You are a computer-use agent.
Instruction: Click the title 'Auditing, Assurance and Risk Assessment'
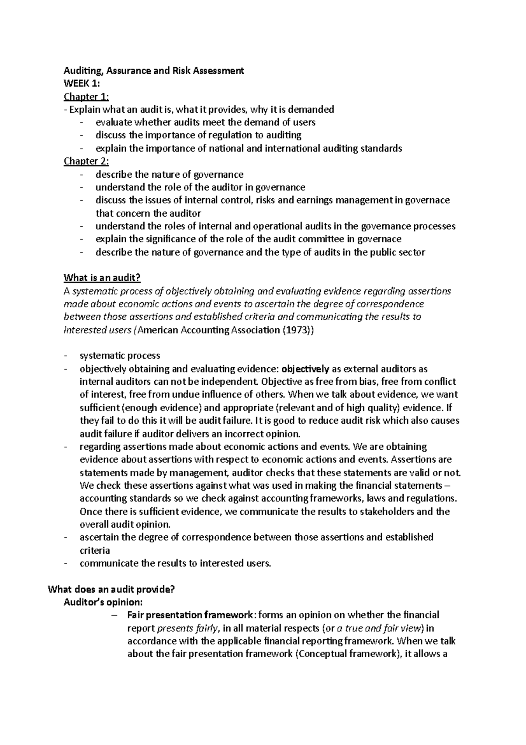click(153, 70)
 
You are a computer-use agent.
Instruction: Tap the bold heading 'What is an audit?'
click(102, 278)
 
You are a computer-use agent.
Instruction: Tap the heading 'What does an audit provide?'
click(111, 589)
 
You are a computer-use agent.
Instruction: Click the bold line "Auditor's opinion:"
click(103, 602)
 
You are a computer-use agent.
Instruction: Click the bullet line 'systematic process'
click(120, 355)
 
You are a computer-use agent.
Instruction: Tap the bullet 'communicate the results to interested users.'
click(175, 563)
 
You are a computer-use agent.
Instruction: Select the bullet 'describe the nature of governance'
click(169, 174)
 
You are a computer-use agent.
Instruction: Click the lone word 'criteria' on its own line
click(95, 550)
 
